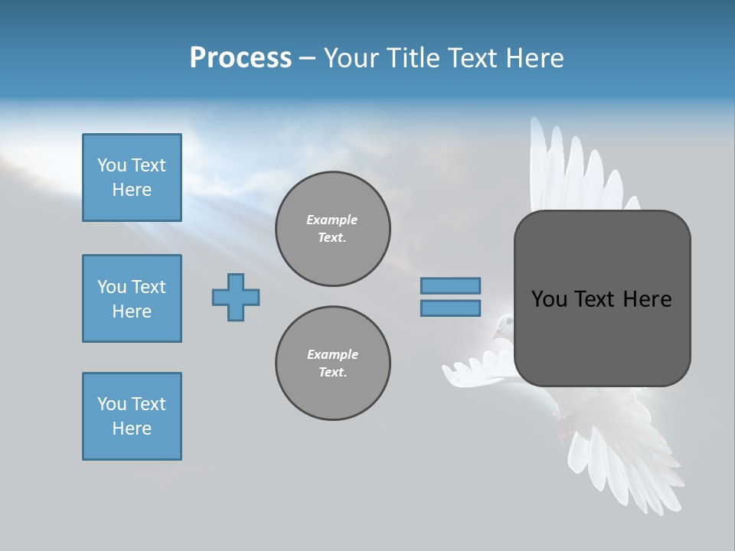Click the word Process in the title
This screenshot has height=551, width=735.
pos(240,58)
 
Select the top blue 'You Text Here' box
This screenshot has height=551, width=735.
pos(132,178)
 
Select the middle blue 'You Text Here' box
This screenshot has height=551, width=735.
pos(132,298)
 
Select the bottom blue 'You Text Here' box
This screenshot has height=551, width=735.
pos(132,416)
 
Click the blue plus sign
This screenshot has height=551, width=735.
pos(236,297)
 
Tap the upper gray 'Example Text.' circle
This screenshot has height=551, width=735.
pos(332,229)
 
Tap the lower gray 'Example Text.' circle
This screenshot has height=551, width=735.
pos(332,364)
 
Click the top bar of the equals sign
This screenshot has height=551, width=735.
pos(450,285)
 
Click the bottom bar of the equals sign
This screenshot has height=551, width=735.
pos(450,308)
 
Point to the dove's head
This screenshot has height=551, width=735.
pos(501,325)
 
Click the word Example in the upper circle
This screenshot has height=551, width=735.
pos(332,220)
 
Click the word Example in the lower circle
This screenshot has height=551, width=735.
pos(332,355)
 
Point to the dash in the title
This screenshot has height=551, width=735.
pos(307,59)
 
